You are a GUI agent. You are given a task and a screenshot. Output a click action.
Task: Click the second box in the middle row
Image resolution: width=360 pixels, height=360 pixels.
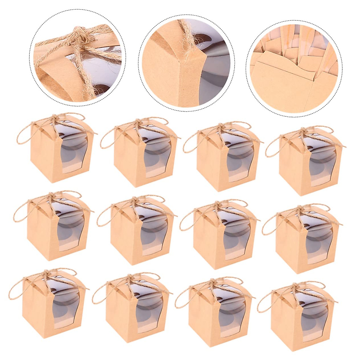pyautogui.click(x=138, y=234)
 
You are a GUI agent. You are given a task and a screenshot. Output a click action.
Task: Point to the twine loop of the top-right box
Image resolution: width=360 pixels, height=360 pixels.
pyautogui.click(x=274, y=142)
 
